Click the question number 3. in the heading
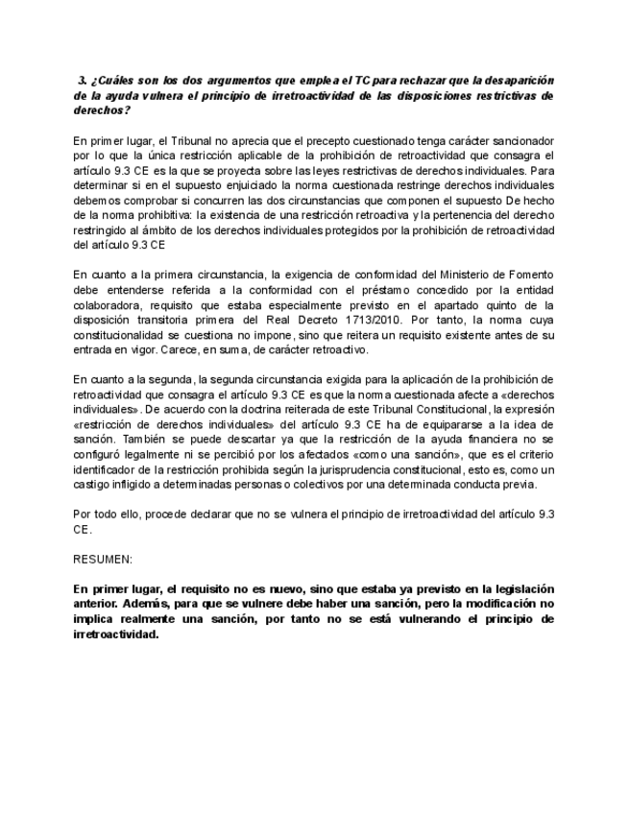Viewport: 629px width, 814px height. pyautogui.click(x=84, y=81)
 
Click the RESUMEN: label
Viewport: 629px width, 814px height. pyautogui.click(x=103, y=559)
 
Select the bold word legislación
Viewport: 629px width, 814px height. pyautogui.click(x=519, y=588)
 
